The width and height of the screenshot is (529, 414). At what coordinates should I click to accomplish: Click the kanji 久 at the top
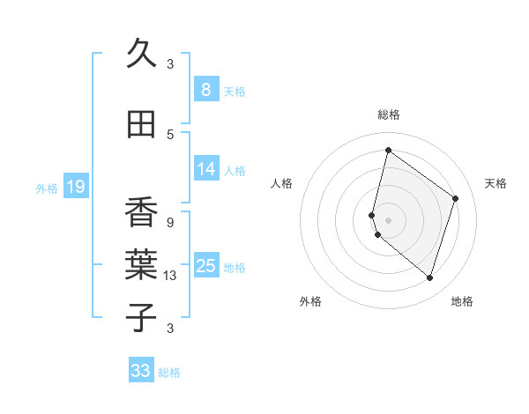(140, 55)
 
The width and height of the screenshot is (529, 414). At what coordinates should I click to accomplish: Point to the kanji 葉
(141, 265)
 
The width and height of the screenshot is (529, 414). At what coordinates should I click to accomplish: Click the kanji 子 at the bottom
(141, 317)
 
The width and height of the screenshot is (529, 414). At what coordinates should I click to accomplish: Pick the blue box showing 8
(205, 90)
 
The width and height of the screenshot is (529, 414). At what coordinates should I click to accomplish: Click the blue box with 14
(206, 170)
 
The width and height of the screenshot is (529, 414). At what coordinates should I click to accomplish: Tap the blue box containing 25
(206, 266)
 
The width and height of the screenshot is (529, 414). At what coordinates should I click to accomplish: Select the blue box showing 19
(76, 187)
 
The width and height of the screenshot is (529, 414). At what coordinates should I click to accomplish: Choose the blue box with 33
(141, 371)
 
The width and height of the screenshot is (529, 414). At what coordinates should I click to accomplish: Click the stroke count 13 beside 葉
(170, 276)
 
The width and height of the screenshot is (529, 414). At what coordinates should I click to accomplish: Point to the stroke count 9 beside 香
(170, 222)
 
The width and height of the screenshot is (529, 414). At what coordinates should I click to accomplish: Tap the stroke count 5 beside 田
(170, 135)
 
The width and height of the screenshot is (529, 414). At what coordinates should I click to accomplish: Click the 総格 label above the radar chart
(388, 115)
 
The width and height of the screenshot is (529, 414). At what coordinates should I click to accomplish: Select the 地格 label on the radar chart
(462, 301)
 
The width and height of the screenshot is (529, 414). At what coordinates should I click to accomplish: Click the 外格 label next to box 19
(46, 188)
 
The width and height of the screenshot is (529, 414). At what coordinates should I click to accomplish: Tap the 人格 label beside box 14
(235, 171)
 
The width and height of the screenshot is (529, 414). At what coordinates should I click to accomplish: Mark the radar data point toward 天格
(456, 198)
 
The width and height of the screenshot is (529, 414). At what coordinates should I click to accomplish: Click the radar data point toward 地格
(429, 277)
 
